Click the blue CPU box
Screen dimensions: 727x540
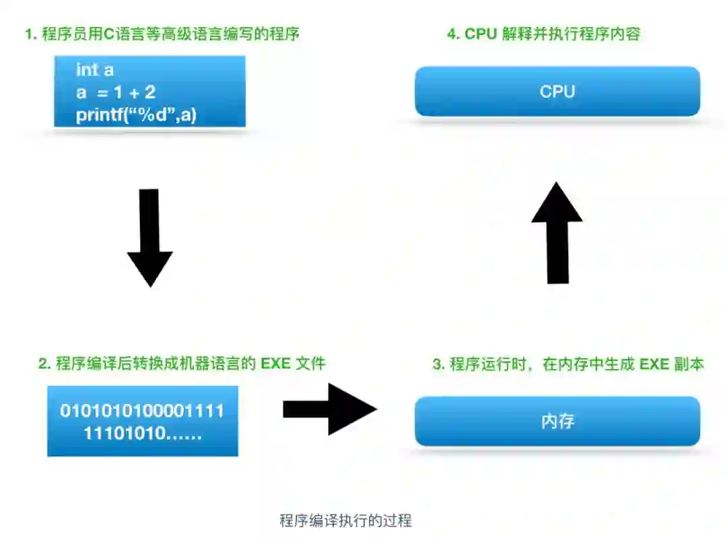[x=557, y=92]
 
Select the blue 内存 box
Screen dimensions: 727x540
[x=557, y=422]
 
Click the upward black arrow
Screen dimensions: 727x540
[x=557, y=232]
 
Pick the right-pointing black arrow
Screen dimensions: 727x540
[x=329, y=409]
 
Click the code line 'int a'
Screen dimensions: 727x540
[x=95, y=70]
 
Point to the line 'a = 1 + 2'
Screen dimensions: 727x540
[x=116, y=92]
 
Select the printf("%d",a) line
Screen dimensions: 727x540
[x=136, y=115]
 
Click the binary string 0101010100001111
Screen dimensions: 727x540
[x=142, y=411]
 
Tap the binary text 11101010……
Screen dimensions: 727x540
[x=143, y=434]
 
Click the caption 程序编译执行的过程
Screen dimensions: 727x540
[x=345, y=520]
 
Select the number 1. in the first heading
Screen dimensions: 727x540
[x=30, y=34]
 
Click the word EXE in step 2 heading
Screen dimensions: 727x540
[x=276, y=364]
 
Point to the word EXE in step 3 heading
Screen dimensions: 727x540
[x=654, y=364]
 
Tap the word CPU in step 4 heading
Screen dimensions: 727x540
[x=481, y=34]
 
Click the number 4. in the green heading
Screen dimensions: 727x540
[x=452, y=34]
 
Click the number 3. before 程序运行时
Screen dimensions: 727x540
[x=438, y=364]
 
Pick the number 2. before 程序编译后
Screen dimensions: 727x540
[x=44, y=364]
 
